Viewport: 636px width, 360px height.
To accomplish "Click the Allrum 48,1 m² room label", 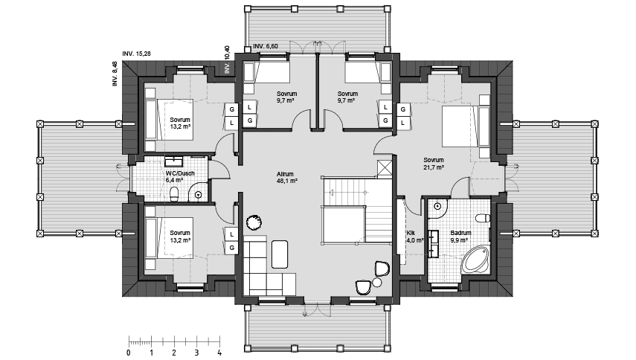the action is pos(287,178).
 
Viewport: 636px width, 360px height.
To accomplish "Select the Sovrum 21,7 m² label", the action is pos(434,164).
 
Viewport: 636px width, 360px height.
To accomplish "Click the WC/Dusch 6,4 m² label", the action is pos(180,176).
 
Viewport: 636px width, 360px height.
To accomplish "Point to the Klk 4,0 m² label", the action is pos(414,237).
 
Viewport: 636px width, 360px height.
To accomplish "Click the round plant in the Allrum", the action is pos(254,222).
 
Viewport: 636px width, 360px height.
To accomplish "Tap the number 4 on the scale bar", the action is pos(219,353).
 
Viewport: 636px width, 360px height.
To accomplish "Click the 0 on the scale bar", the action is pos(129,353).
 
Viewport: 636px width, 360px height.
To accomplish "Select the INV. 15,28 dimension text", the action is pos(136,54).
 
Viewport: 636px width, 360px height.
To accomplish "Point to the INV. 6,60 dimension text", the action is pos(266,46).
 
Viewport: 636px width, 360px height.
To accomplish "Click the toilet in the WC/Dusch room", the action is pos(174,194).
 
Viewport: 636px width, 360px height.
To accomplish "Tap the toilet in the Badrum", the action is pos(483,218).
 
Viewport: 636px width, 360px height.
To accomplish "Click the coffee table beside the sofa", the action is pos(280,254).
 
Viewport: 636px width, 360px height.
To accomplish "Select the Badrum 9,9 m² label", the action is pos(460,237).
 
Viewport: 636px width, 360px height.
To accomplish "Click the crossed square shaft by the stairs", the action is pos(384,167).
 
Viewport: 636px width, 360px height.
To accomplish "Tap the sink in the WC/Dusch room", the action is pos(175,161).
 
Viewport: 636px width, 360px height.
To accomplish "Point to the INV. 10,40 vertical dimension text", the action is pos(227,60).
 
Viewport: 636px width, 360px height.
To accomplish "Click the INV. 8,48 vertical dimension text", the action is pos(115,74).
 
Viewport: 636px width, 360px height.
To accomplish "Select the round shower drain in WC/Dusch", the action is pos(199,195).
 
